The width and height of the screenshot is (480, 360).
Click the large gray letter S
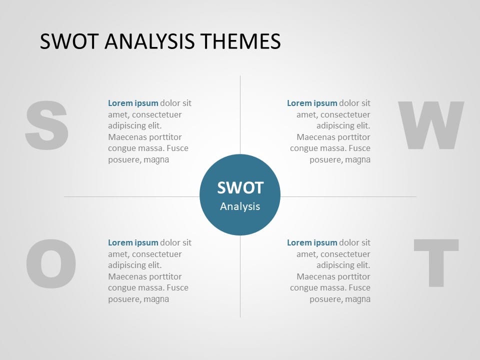[46, 124]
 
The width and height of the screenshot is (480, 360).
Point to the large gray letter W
[430, 125]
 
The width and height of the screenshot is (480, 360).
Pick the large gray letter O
[51, 264]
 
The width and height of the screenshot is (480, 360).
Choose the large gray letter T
[436, 263]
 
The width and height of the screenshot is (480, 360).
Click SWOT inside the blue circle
[240, 188]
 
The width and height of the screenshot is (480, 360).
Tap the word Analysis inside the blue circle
[240, 206]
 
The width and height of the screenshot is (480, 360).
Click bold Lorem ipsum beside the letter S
[133, 103]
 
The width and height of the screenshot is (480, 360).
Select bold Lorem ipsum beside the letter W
[312, 103]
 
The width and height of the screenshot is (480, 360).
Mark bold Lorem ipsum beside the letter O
[133, 243]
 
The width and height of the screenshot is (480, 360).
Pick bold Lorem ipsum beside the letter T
[312, 243]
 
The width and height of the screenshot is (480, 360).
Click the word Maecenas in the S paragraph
[126, 137]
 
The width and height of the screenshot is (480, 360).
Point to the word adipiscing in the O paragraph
[127, 265]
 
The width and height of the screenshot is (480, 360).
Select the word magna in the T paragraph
[358, 299]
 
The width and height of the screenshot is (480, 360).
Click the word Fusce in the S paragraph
[177, 148]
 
